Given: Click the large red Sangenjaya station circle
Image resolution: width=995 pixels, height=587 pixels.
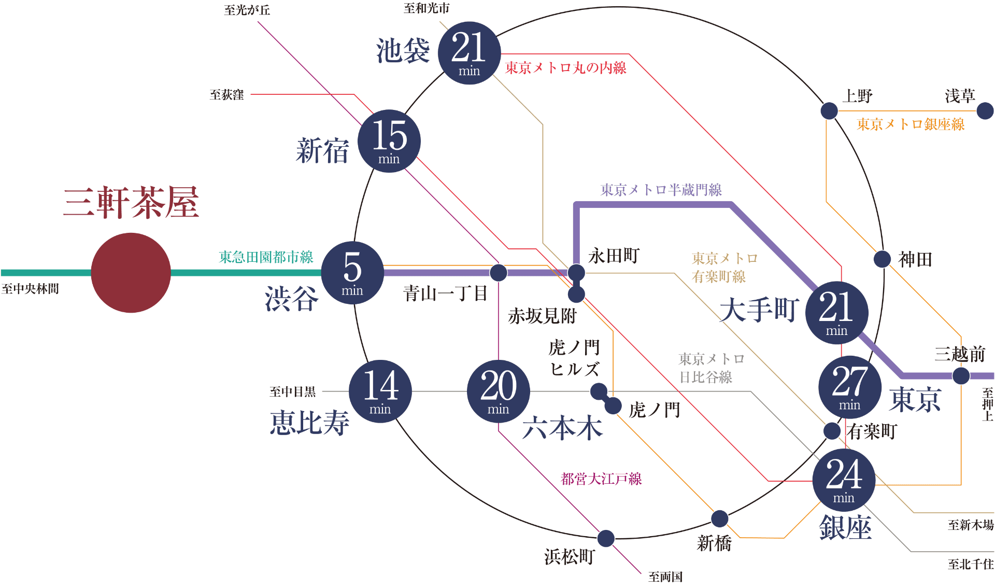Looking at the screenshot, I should pyautogui.click(x=131, y=273).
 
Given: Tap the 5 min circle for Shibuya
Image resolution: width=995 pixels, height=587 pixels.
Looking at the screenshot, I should pyautogui.click(x=352, y=273).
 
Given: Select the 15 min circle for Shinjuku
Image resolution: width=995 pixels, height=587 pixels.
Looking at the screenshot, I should pyautogui.click(x=389, y=141).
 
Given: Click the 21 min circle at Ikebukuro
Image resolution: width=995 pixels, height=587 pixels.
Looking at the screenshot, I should pyautogui.click(x=469, y=53).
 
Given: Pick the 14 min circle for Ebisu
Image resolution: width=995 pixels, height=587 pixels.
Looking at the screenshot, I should pyautogui.click(x=380, y=391).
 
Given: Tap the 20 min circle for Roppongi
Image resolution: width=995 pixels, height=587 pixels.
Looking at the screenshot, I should pyautogui.click(x=498, y=391).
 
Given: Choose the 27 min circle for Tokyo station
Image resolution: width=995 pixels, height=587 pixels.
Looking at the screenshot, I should pyautogui.click(x=849, y=387).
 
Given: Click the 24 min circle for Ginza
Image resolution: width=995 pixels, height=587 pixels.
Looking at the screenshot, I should pyautogui.click(x=844, y=480).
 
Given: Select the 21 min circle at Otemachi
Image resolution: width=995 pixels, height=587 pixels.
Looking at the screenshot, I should pyautogui.click(x=836, y=312).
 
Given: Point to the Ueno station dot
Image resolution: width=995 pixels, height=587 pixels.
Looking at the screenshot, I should pyautogui.click(x=829, y=110).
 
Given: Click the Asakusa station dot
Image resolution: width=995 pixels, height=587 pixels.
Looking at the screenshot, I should pyautogui.click(x=985, y=110).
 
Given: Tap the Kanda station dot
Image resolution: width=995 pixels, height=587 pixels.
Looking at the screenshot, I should pyautogui.click(x=882, y=259).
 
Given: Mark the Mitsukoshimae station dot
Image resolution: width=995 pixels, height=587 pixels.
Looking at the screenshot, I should pyautogui.click(x=961, y=375).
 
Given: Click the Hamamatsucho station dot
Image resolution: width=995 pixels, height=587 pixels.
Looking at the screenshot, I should pyautogui.click(x=606, y=538).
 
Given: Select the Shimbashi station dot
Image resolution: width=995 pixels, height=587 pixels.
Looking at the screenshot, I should pyautogui.click(x=720, y=518).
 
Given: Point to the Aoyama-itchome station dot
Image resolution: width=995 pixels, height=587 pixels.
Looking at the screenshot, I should pyautogui.click(x=498, y=272).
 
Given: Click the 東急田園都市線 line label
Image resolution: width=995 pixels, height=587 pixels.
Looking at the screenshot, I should pyautogui.click(x=266, y=257).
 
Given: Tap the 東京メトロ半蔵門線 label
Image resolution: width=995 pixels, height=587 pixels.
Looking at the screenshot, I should pyautogui.click(x=661, y=190).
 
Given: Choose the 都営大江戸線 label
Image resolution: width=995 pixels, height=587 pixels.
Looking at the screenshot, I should pyautogui.click(x=601, y=479).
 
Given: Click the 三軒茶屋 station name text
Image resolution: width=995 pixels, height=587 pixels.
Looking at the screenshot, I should pyautogui.click(x=131, y=202).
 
